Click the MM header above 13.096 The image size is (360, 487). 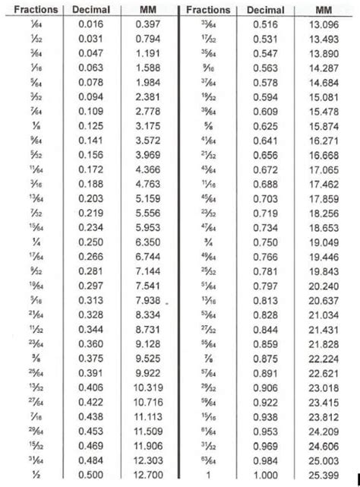click(x=323, y=11)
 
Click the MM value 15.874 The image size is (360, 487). click(x=323, y=124)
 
